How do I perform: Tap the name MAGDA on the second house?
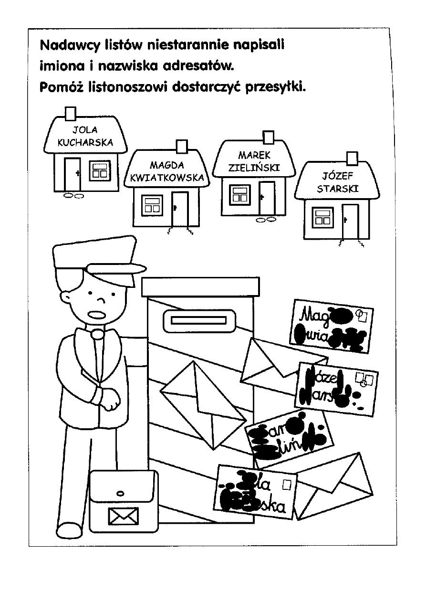coord(166,166)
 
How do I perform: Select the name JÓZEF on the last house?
coord(338,175)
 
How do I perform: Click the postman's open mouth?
coord(97,315)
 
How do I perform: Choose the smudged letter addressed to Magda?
coord(331,326)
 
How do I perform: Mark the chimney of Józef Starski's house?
coord(353,157)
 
